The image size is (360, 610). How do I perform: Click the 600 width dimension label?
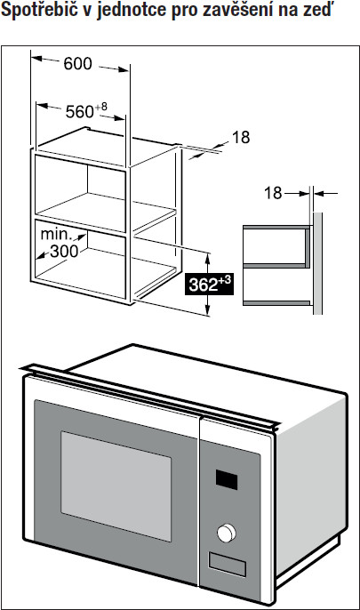tap(77, 64)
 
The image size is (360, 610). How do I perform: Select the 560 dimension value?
tap(80, 112)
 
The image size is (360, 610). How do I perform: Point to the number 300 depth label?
tap(65, 252)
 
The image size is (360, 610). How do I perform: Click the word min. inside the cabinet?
tap(56, 234)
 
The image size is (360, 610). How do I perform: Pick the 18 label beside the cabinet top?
tap(241, 137)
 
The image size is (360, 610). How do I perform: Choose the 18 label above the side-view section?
tap(273, 193)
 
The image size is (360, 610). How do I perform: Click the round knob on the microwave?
tap(227, 533)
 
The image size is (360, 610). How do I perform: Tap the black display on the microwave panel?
tap(227, 479)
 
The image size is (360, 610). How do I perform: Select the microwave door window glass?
tap(116, 486)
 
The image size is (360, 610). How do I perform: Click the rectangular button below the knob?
tap(227, 565)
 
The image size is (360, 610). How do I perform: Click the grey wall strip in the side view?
tap(317, 263)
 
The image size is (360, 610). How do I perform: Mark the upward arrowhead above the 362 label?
tap(208, 258)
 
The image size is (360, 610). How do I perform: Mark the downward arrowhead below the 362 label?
tap(208, 310)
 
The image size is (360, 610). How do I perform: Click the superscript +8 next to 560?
tap(101, 107)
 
